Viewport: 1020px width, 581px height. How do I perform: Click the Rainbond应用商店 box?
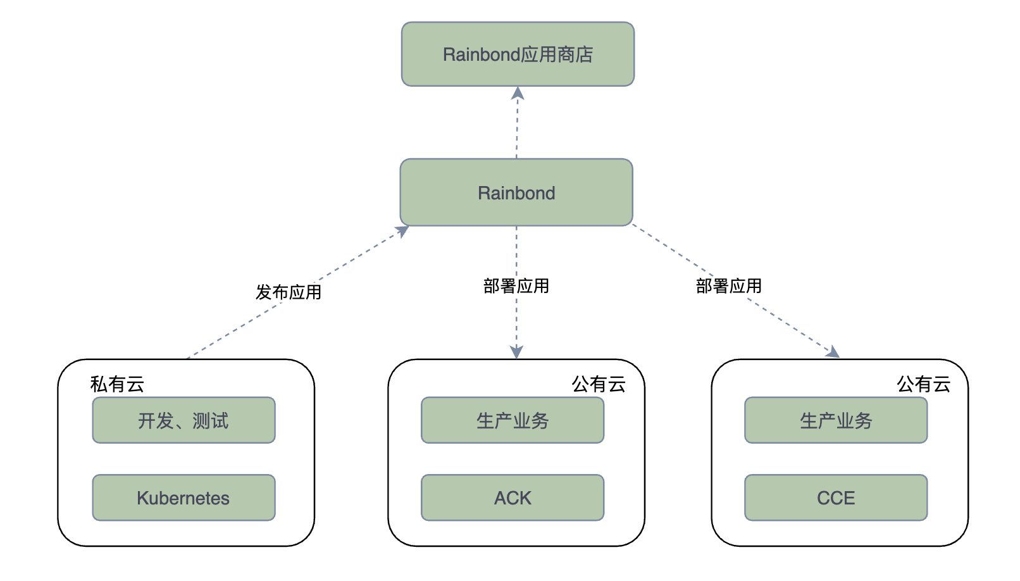pyautogui.click(x=518, y=54)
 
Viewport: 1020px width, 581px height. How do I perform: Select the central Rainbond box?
pyautogui.click(x=516, y=192)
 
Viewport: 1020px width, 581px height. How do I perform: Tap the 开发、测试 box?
pyautogui.click(x=183, y=420)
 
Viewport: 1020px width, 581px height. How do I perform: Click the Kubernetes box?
pyautogui.click(x=183, y=497)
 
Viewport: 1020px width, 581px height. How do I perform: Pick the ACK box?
pyautogui.click(x=513, y=497)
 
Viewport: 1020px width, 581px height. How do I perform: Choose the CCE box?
pyautogui.click(x=836, y=497)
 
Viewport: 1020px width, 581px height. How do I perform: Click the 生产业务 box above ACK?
pyautogui.click(x=513, y=420)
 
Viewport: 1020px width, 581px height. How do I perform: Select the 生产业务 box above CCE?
pyautogui.click(x=836, y=420)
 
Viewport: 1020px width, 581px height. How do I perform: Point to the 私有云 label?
pyautogui.click(x=117, y=384)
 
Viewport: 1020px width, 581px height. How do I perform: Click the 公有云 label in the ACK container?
pyautogui.click(x=599, y=384)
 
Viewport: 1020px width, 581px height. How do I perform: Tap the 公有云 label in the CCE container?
pyautogui.click(x=923, y=384)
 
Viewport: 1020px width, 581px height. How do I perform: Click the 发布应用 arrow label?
pyautogui.click(x=289, y=292)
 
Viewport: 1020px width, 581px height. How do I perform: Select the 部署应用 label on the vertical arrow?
pyautogui.click(x=516, y=286)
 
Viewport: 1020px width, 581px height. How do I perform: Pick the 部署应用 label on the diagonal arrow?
pyautogui.click(x=729, y=286)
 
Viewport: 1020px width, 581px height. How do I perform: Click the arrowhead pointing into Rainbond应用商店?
pyautogui.click(x=518, y=94)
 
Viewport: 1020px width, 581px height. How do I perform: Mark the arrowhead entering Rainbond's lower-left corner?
pyautogui.click(x=402, y=231)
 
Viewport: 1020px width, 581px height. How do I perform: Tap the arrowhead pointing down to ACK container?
pyautogui.click(x=516, y=353)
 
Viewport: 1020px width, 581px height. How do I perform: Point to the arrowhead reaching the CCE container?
pyautogui.click(x=833, y=353)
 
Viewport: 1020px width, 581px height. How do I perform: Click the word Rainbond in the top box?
pyautogui.click(x=482, y=55)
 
